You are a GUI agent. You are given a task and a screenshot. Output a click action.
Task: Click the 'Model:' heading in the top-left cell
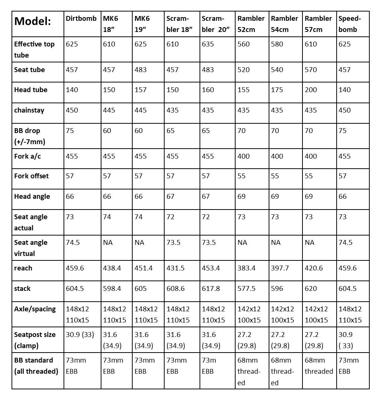[x=33, y=21]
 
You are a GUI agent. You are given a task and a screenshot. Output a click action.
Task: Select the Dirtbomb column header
[x=81, y=19]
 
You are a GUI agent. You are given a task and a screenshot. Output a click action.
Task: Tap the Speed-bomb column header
[x=349, y=24]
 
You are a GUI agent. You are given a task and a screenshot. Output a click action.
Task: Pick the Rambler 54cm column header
[x=284, y=24]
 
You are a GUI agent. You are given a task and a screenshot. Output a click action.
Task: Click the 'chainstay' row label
[x=29, y=110]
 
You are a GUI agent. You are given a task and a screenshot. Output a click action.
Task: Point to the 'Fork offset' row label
[x=32, y=176]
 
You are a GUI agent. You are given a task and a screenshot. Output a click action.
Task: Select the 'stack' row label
[x=22, y=289]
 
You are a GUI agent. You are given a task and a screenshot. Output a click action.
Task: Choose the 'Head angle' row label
[x=32, y=197]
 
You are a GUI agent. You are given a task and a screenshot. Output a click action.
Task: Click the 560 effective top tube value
[x=244, y=44]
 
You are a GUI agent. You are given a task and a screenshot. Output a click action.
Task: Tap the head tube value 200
[x=311, y=90]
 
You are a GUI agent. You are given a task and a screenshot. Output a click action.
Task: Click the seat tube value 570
[x=311, y=70]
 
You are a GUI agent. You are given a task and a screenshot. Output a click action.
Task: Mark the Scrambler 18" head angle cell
[x=171, y=197]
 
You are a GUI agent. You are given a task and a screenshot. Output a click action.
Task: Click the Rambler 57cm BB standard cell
[x=319, y=366]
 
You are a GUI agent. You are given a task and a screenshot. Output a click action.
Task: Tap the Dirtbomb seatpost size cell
[x=80, y=335]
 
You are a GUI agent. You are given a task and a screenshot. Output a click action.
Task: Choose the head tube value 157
[x=141, y=90]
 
